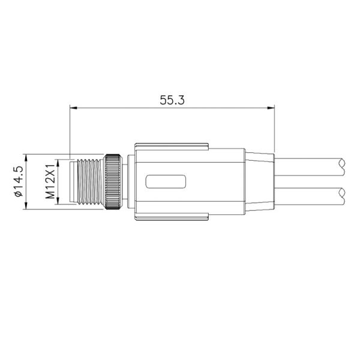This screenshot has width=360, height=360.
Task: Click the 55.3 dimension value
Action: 172,101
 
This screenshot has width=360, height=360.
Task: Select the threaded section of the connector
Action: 87,181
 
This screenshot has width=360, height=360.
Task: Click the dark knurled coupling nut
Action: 111,181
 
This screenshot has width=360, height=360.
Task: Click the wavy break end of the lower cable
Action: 341,196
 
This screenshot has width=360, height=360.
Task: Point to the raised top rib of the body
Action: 172,146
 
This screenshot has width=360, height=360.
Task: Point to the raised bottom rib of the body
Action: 172,217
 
